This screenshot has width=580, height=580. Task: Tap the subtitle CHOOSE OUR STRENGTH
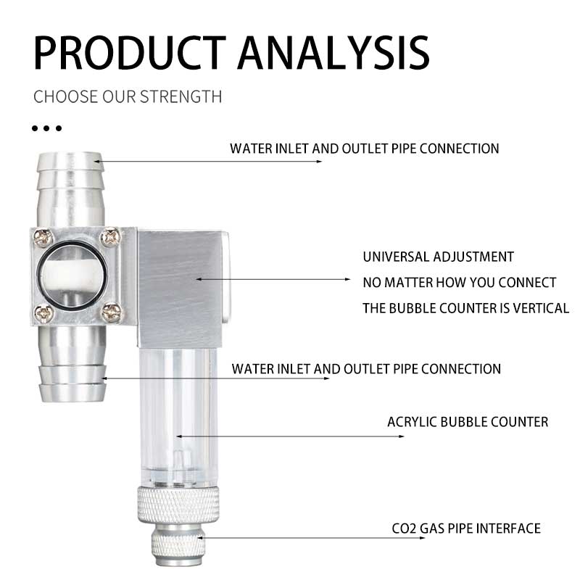tap(128, 96)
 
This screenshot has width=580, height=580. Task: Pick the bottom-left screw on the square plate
tap(44, 313)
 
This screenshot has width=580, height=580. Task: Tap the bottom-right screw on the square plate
tap(111, 313)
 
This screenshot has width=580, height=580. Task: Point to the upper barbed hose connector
tap(70, 185)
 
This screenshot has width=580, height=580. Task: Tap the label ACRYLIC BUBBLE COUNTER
tap(468, 421)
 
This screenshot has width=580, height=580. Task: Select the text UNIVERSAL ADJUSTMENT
tap(438, 257)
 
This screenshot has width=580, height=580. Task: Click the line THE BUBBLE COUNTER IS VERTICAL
tap(465, 308)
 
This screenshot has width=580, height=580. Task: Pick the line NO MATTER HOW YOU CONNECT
tap(459, 282)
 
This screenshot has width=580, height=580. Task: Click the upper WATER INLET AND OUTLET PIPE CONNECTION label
tap(365, 149)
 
